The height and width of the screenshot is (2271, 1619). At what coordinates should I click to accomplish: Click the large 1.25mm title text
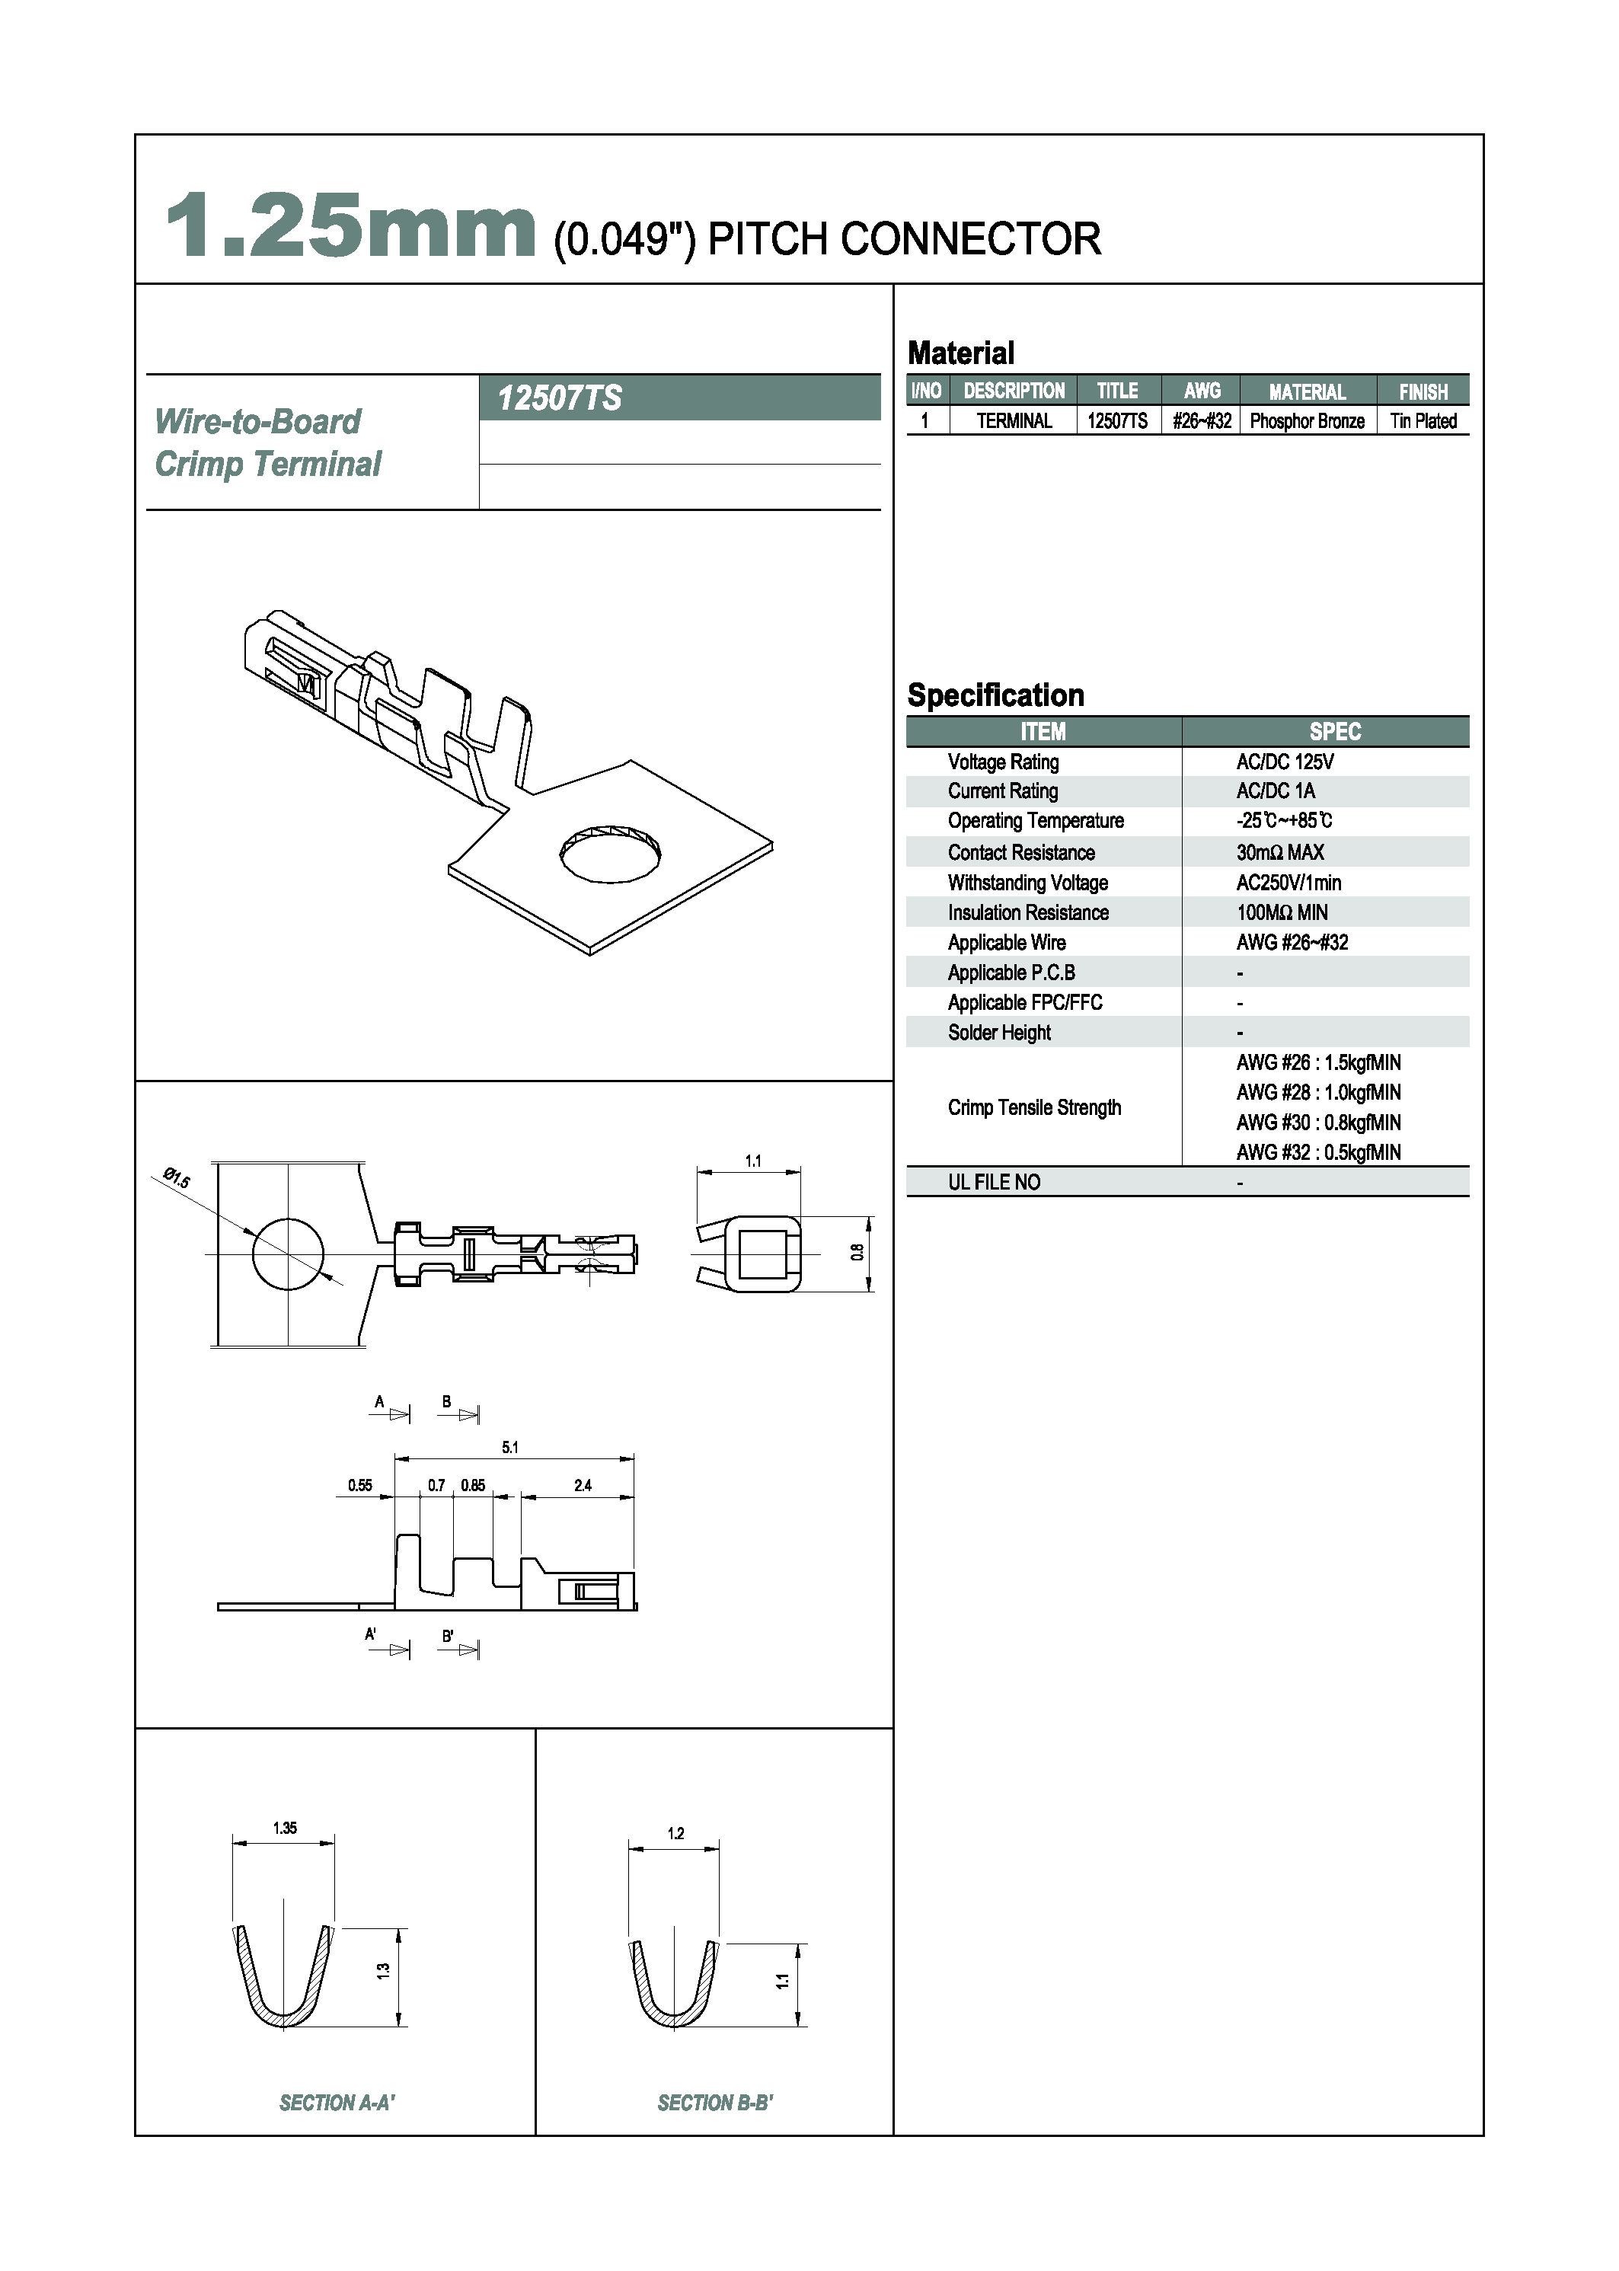pyautogui.click(x=351, y=227)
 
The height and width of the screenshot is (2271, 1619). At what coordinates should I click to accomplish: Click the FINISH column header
pyautogui.click(x=1423, y=391)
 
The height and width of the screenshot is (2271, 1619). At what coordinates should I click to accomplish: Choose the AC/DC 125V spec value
pyautogui.click(x=1284, y=762)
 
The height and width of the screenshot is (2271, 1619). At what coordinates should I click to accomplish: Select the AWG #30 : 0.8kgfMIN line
pyautogui.click(x=1318, y=1123)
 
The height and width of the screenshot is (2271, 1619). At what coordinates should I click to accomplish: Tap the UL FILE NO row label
pyautogui.click(x=994, y=1183)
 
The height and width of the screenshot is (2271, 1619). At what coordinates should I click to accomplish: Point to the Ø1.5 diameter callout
pyautogui.click(x=177, y=1178)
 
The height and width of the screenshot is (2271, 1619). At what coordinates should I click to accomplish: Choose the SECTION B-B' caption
pyautogui.click(x=715, y=2103)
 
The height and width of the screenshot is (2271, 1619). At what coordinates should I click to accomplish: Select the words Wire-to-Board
pyautogui.click(x=257, y=423)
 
